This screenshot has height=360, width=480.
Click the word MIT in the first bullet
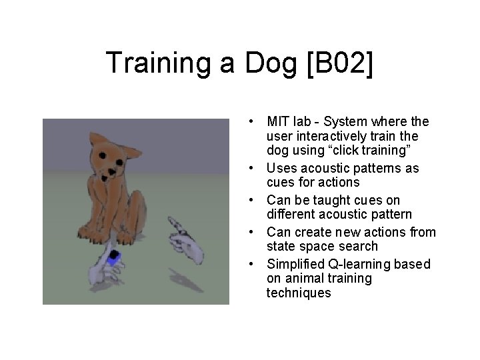pos(277,122)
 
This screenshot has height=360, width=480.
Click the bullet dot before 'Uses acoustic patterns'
pos(248,168)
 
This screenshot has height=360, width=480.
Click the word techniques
pos(299,293)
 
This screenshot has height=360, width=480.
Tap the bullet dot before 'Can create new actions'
pos(248,232)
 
